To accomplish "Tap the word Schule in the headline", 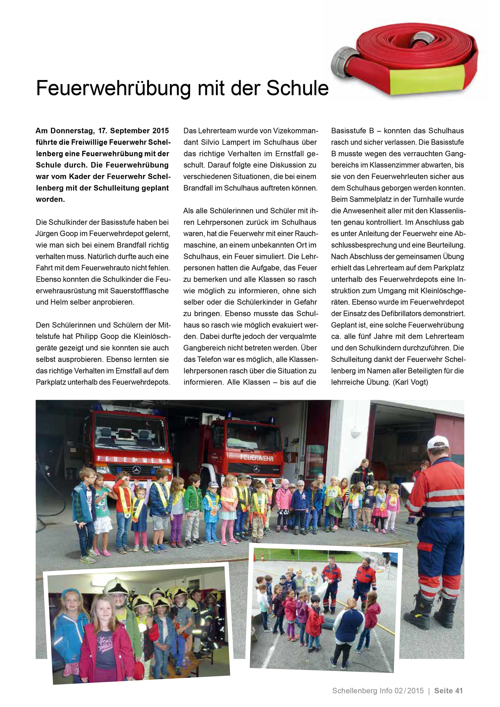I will point(297,88).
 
